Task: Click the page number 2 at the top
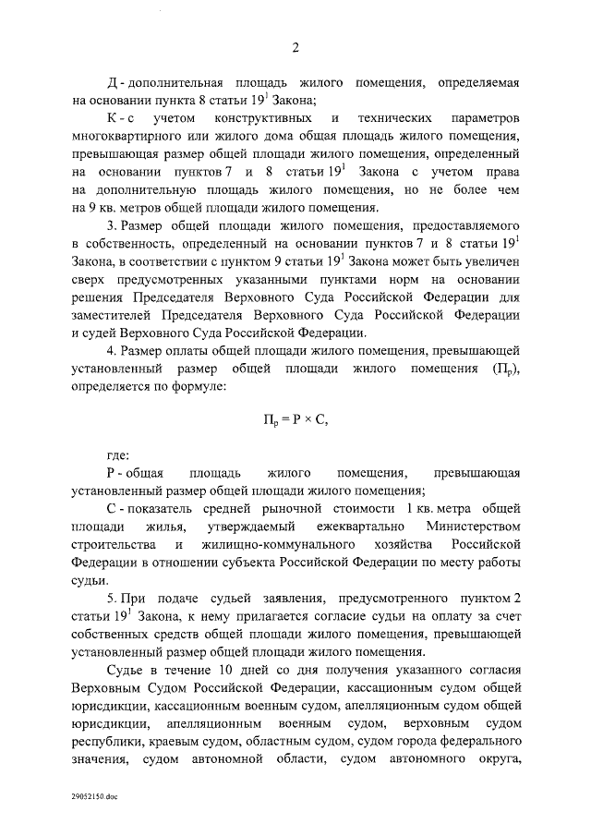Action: point(295,49)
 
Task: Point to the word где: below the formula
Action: point(119,455)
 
